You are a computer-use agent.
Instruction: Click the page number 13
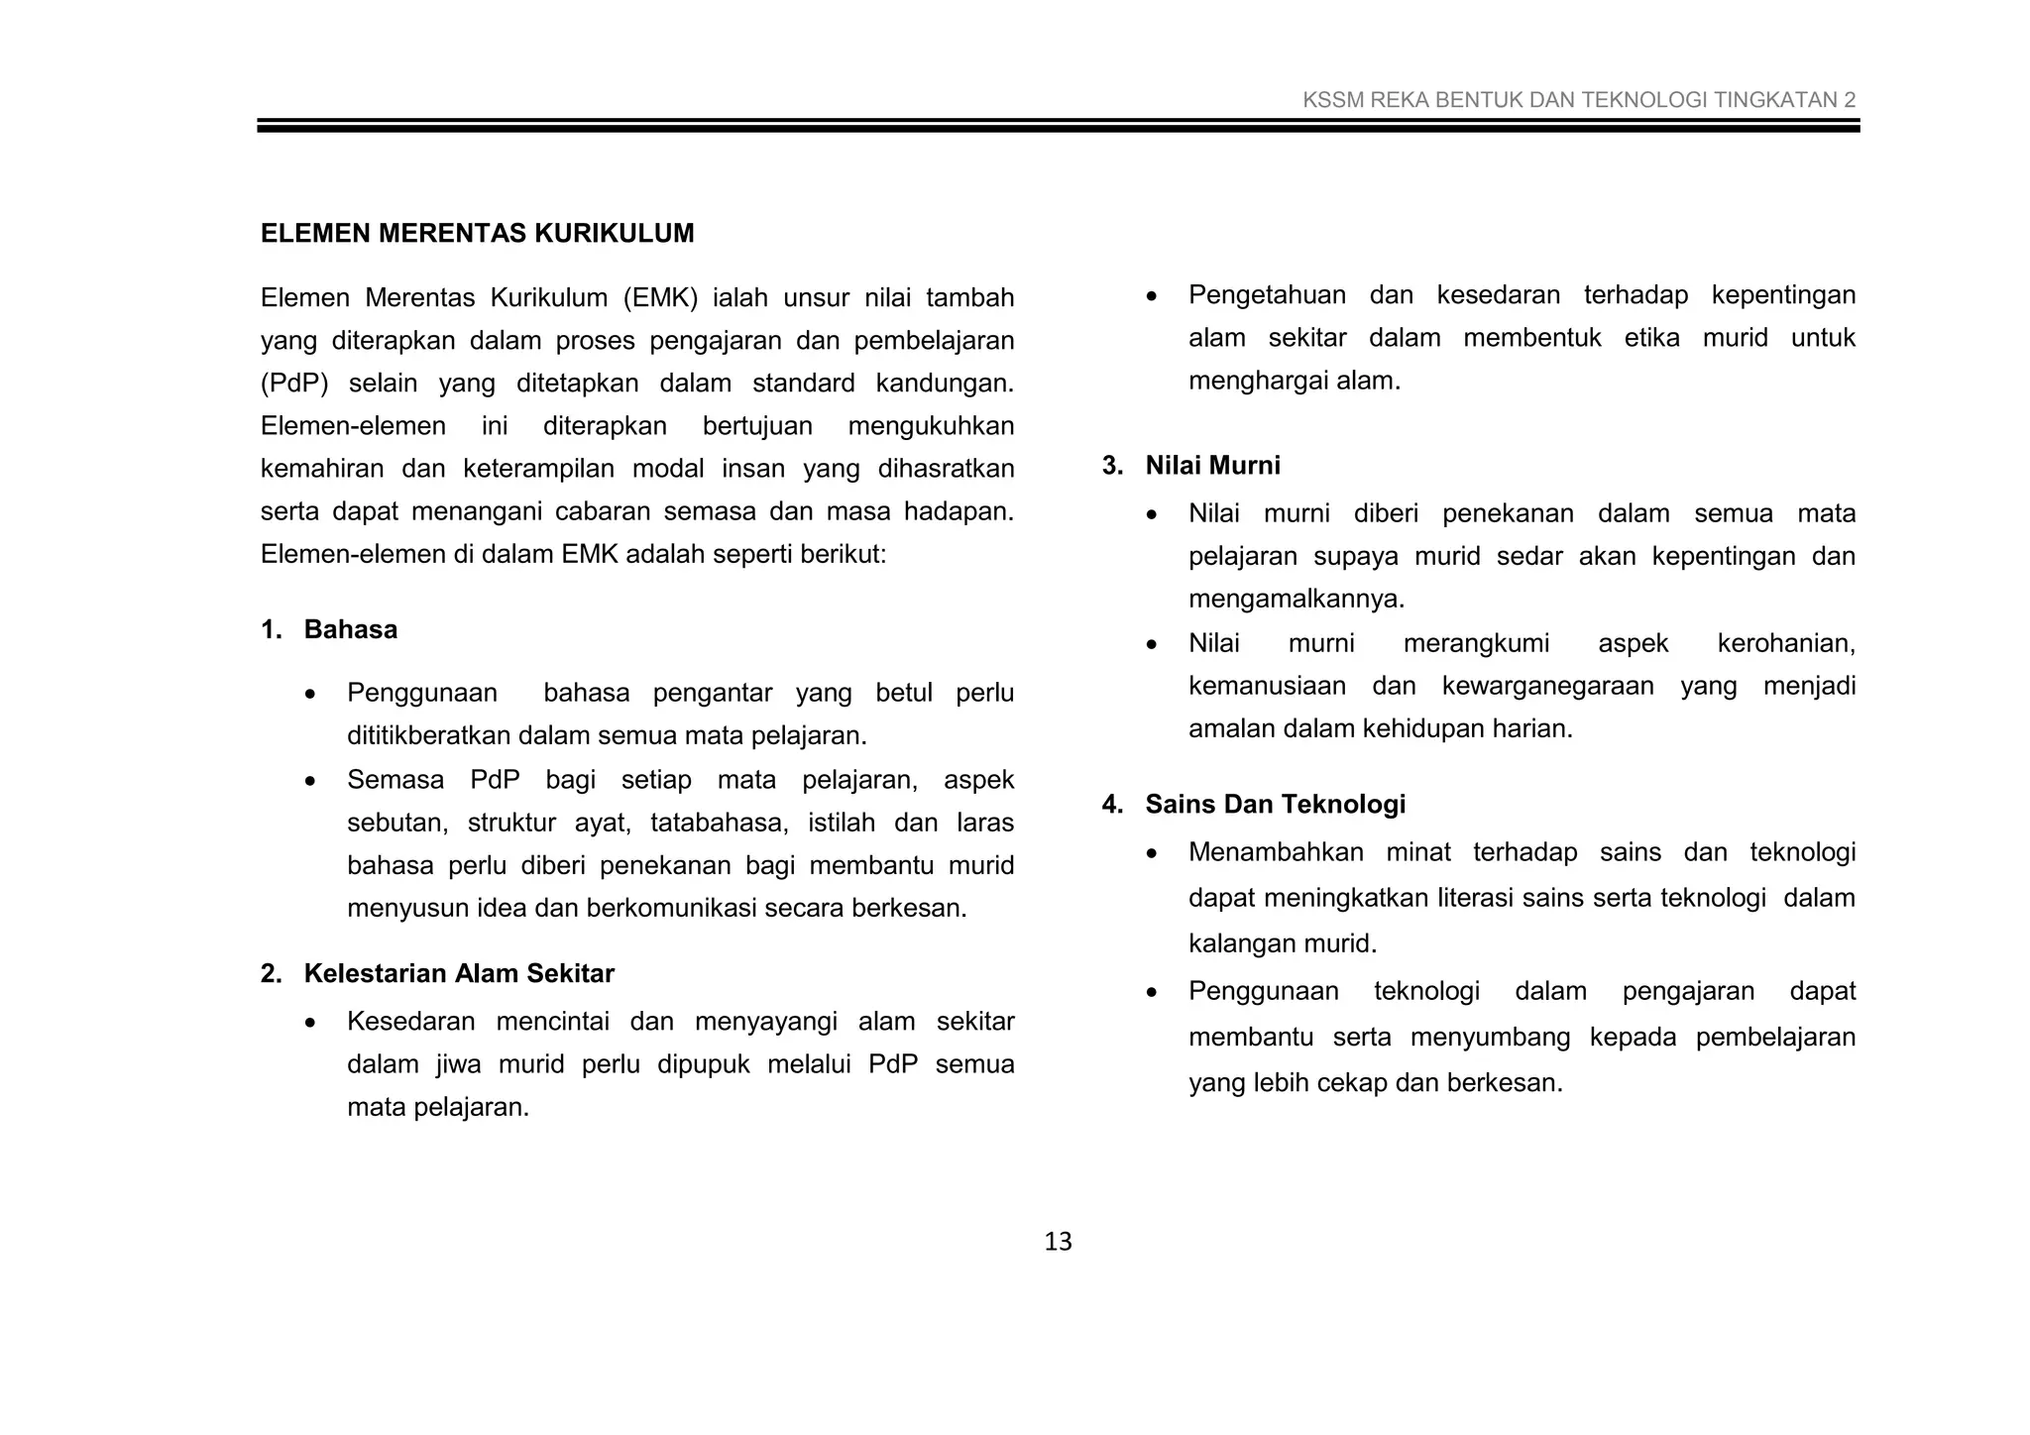[x=1058, y=1242]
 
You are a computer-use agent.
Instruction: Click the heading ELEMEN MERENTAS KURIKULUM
[x=477, y=234]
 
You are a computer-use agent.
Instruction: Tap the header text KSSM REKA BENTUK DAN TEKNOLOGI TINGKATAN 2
[x=1578, y=100]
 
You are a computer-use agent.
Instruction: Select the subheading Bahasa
[x=350, y=630]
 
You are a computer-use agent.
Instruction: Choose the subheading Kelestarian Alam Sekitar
[x=459, y=974]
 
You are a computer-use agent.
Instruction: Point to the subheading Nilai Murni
[x=1212, y=466]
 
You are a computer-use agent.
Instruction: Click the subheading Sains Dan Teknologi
[x=1275, y=805]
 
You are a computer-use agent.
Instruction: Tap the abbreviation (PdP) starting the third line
[x=293, y=384]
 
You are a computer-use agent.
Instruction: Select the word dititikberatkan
[x=429, y=736]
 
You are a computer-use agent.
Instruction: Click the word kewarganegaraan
[x=1547, y=686]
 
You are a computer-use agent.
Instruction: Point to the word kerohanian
[x=1785, y=643]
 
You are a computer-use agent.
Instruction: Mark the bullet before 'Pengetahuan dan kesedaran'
[x=1151, y=296]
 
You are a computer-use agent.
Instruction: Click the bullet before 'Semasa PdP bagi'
[x=310, y=781]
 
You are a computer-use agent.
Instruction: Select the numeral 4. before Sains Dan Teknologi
[x=1112, y=805]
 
